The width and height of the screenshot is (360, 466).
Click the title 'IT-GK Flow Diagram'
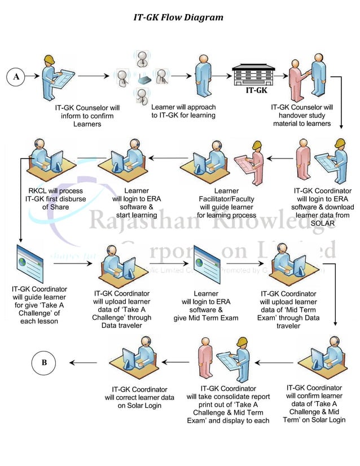pos(178,17)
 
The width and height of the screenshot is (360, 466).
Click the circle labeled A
pos(16,77)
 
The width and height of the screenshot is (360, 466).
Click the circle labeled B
pos(45,362)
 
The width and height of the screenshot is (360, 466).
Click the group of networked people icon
pos(141,75)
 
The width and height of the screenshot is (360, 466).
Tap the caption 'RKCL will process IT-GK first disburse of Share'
pos(49,199)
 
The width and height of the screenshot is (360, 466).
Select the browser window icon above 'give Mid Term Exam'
pos(206,263)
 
